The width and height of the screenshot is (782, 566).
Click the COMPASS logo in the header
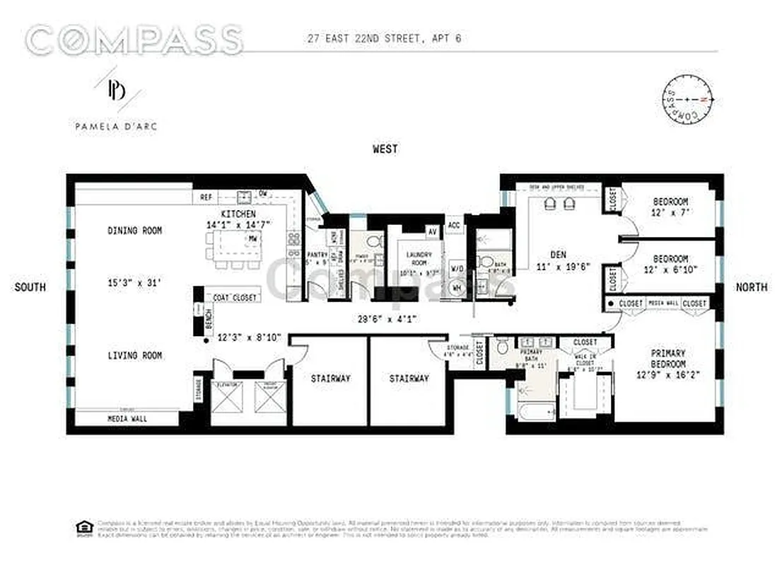coord(134,40)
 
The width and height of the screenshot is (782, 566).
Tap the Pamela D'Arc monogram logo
coord(117,91)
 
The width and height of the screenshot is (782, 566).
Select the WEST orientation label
coord(385,149)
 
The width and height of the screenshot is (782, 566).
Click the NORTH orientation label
coord(751,287)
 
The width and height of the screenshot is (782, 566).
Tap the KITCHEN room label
coord(238,214)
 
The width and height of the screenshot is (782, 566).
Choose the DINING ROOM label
coord(134,231)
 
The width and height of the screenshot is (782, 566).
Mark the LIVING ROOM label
coord(134,355)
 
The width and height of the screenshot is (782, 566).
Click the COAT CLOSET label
coord(235,298)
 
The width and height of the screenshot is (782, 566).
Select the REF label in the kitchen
coord(206,197)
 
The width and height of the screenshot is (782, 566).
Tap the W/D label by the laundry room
coord(456,268)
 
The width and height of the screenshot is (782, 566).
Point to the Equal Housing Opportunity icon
coord(83,526)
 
